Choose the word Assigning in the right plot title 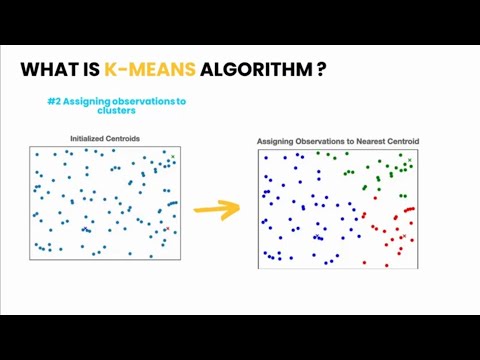pyautogui.click(x=277, y=141)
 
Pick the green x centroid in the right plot pyautogui.click(x=409, y=161)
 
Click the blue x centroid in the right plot pyautogui.click(x=318, y=237)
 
